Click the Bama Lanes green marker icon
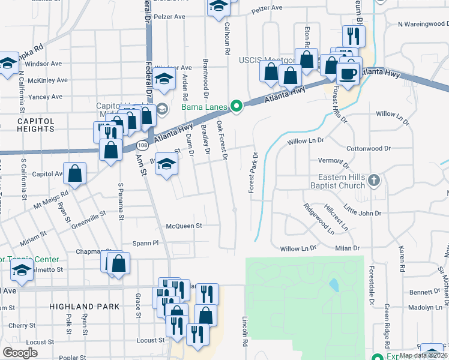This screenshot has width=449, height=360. (237, 107)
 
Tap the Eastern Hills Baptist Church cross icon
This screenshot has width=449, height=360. (373, 180)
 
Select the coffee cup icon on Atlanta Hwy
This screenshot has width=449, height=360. (348, 74)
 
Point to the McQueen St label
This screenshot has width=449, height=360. (184, 226)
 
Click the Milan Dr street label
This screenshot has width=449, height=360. (348, 248)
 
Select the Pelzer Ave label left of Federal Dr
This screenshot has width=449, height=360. (171, 17)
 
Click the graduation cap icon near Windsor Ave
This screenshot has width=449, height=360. (163, 79)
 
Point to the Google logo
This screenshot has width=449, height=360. (20, 353)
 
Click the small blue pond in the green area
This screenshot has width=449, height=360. (334, 285)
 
